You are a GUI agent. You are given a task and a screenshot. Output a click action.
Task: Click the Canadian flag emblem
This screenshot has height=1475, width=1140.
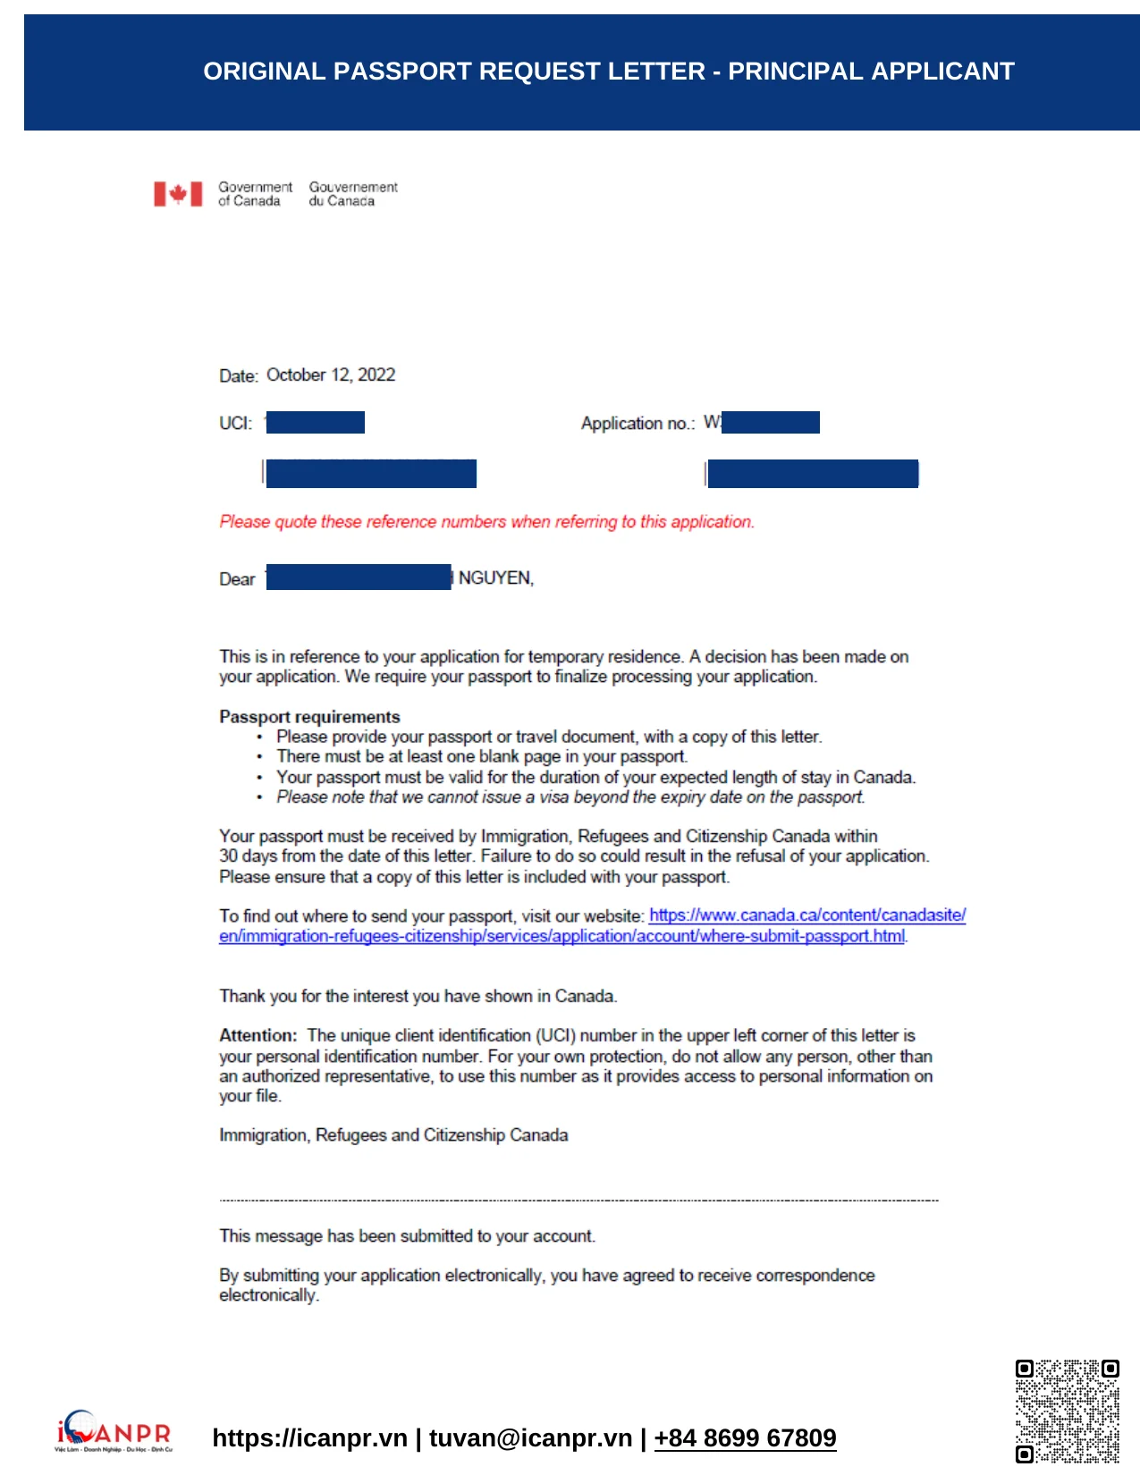coord(178,194)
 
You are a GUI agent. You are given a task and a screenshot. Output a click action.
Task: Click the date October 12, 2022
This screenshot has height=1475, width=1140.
coord(331,375)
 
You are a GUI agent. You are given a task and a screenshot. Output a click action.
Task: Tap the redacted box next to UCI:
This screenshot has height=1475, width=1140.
coord(316,422)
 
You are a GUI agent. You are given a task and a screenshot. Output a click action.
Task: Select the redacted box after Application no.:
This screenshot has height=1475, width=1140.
coord(770,422)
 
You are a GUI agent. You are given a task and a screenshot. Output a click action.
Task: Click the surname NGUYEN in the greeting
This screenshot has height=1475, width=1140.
coord(495,578)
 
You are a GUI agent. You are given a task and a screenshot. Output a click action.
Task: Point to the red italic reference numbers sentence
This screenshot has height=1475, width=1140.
coord(486,522)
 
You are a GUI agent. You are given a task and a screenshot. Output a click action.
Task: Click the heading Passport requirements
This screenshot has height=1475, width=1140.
coord(309,717)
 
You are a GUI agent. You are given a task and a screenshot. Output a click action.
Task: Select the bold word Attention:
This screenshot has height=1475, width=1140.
coord(258,1036)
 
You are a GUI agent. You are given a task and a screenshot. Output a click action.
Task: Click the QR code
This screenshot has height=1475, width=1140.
coord(1067,1411)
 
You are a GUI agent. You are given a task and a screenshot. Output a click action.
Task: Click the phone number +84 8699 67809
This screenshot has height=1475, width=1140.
coord(745,1438)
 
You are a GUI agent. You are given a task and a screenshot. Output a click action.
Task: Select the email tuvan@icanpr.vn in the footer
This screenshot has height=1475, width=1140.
coord(530,1438)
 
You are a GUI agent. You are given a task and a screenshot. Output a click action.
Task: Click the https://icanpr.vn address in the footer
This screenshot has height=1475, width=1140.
coord(309,1438)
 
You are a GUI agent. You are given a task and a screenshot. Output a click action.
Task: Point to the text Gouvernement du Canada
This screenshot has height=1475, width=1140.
coord(352,194)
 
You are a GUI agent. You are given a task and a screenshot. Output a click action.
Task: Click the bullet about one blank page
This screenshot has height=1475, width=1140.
coord(481,757)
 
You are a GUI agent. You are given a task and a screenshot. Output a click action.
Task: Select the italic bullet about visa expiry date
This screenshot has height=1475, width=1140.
coord(570,797)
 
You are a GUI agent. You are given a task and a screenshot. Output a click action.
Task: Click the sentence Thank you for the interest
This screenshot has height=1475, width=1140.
coord(418,997)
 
